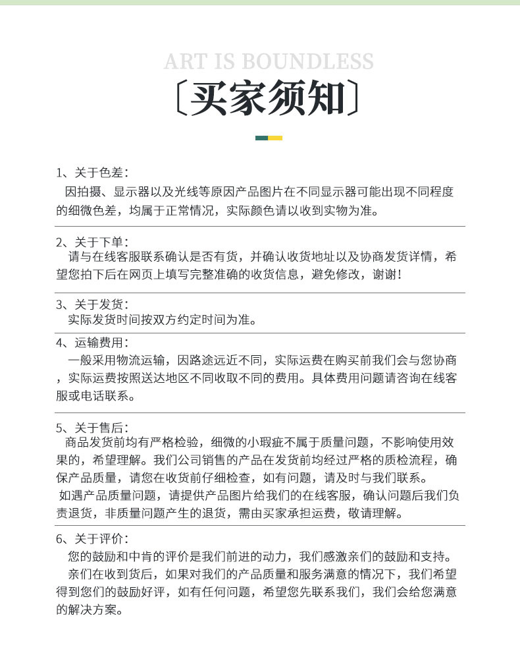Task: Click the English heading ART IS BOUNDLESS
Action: (268, 62)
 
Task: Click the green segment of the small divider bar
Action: (261, 138)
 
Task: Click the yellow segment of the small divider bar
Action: (275, 138)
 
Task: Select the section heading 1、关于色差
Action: (91, 173)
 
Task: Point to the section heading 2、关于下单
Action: (91, 242)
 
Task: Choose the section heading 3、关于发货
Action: (91, 304)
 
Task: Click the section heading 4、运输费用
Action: (91, 342)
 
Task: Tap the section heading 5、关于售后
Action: (91, 428)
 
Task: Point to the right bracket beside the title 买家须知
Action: (354, 99)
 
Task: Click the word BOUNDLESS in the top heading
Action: (307, 62)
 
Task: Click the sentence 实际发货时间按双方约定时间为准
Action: (161, 320)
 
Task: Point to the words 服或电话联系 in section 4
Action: (95, 396)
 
